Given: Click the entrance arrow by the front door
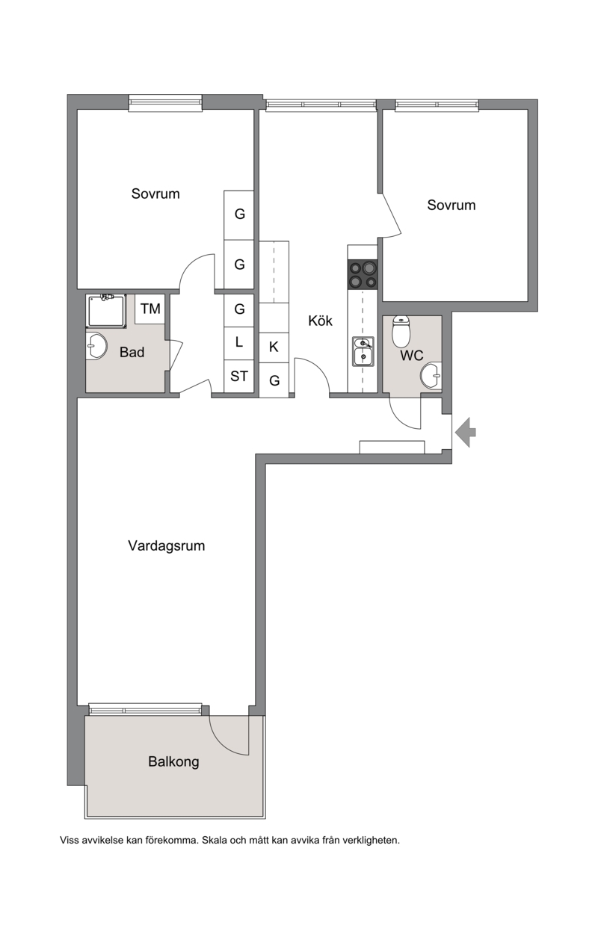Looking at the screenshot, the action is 465,432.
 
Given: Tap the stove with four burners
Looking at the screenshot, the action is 363,274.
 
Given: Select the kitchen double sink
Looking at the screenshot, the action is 363,351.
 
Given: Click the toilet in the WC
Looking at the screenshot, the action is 401,332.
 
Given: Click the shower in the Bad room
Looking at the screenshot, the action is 106,311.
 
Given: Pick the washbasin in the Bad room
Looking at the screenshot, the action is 96,346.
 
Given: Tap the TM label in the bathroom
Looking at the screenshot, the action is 150,309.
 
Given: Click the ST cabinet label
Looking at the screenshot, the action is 239,376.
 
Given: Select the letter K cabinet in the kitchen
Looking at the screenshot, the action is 274,347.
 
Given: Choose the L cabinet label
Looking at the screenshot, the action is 239,342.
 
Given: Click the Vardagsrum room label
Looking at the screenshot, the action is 166,545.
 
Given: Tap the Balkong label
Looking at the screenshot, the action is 173,761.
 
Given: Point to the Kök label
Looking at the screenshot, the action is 320,321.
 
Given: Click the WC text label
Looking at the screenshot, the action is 412,356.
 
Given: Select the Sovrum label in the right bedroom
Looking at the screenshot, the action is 451,205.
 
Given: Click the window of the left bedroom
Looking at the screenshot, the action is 165,103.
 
